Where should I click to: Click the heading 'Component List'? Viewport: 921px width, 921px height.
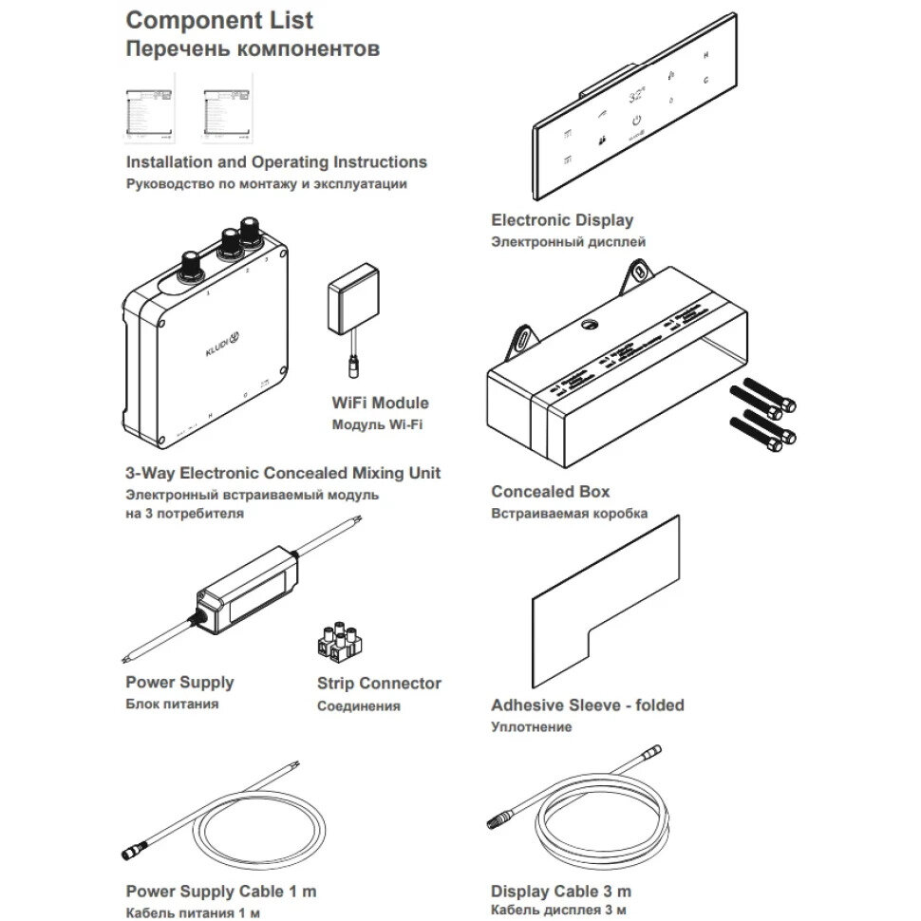(x=219, y=19)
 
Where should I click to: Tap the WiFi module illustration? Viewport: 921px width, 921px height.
(x=350, y=297)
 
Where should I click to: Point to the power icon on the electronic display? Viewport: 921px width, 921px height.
(x=638, y=122)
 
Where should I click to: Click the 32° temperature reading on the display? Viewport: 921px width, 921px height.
(x=637, y=96)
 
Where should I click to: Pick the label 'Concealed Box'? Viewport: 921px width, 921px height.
(x=550, y=492)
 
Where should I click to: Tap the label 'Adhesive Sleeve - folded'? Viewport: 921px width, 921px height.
(x=587, y=705)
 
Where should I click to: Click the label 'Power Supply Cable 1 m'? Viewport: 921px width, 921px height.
(x=221, y=892)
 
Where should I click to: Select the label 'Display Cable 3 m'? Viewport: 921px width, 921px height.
(x=560, y=892)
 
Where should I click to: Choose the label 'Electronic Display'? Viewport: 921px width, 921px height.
(x=561, y=220)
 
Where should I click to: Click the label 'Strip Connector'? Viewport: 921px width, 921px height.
(x=379, y=684)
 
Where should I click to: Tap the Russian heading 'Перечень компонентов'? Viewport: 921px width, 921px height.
(x=253, y=49)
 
